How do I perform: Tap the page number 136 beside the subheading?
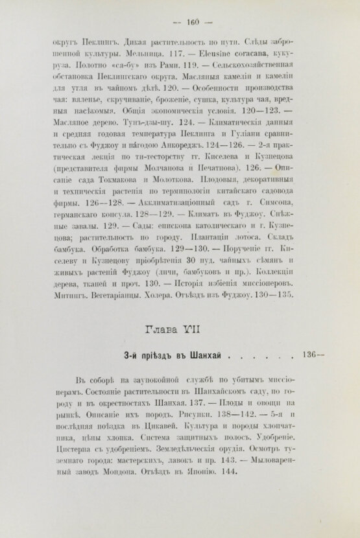[x=312, y=354]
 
